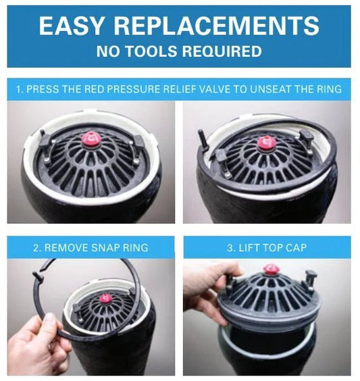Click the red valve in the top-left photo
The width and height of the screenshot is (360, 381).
(x=92, y=138)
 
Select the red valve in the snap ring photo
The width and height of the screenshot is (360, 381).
(x=105, y=299)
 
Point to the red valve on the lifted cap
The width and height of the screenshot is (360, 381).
(x=270, y=269)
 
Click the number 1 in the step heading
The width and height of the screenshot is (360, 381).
(x=19, y=89)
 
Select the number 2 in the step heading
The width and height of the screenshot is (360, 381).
(x=36, y=248)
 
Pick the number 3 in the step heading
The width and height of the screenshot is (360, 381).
(x=230, y=248)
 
